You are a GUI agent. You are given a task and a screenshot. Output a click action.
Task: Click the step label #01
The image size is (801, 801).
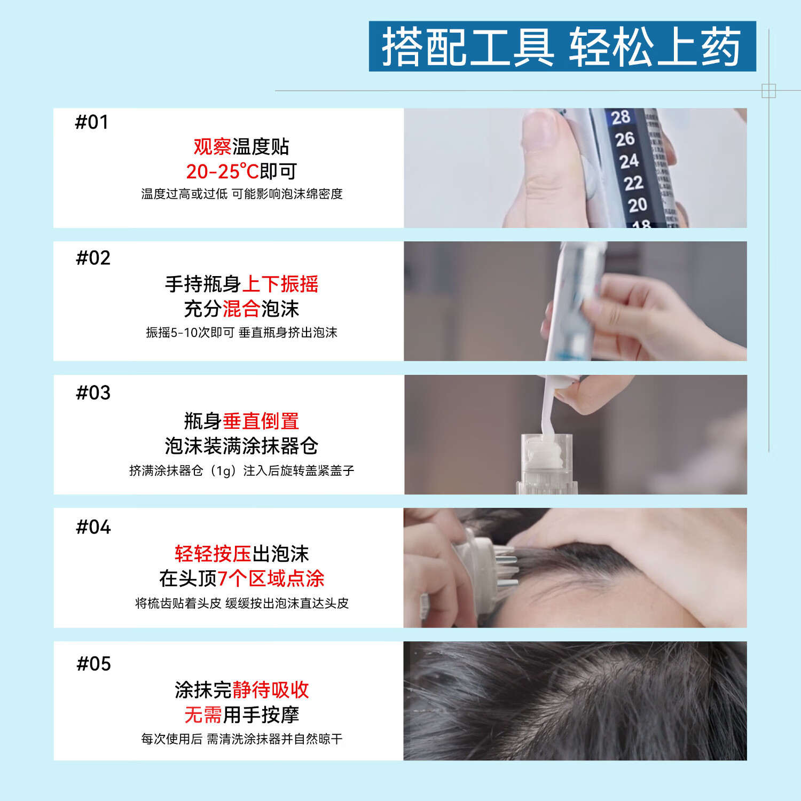coord(92,122)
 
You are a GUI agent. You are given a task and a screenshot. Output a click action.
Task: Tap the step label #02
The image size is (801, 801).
coord(93,258)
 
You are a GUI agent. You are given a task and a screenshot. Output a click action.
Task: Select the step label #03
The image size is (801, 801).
coord(93,393)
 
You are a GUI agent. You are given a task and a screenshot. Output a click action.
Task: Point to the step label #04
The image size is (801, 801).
coord(93,527)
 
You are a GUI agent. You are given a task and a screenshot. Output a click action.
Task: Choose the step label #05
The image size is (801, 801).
coord(94,664)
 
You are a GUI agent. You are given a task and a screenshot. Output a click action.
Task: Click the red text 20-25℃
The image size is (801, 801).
coord(223,171)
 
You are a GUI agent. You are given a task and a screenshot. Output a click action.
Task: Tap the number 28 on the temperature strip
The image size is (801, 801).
coord(621,117)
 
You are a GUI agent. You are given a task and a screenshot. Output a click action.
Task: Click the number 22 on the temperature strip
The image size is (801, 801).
coord(633,183)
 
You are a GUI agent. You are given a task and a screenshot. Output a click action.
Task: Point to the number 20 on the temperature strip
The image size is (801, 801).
coord(638,205)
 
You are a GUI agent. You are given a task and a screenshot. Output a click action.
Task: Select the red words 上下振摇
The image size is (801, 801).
coord(280,284)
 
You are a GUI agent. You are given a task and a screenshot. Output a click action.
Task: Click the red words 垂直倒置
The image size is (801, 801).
coord(261,421)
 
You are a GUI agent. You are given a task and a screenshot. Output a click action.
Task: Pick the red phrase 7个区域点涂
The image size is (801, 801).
coord(271,578)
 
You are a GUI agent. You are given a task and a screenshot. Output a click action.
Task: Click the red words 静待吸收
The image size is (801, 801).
coord(271,690)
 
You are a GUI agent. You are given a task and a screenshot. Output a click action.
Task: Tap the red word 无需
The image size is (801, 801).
coord(203,714)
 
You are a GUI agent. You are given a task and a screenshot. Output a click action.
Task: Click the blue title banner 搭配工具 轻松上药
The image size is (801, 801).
coord(562,46)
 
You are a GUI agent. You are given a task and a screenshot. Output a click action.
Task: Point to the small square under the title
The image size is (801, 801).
coord(768,91)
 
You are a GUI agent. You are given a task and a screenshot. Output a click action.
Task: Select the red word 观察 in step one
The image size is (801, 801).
coord(213,146)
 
